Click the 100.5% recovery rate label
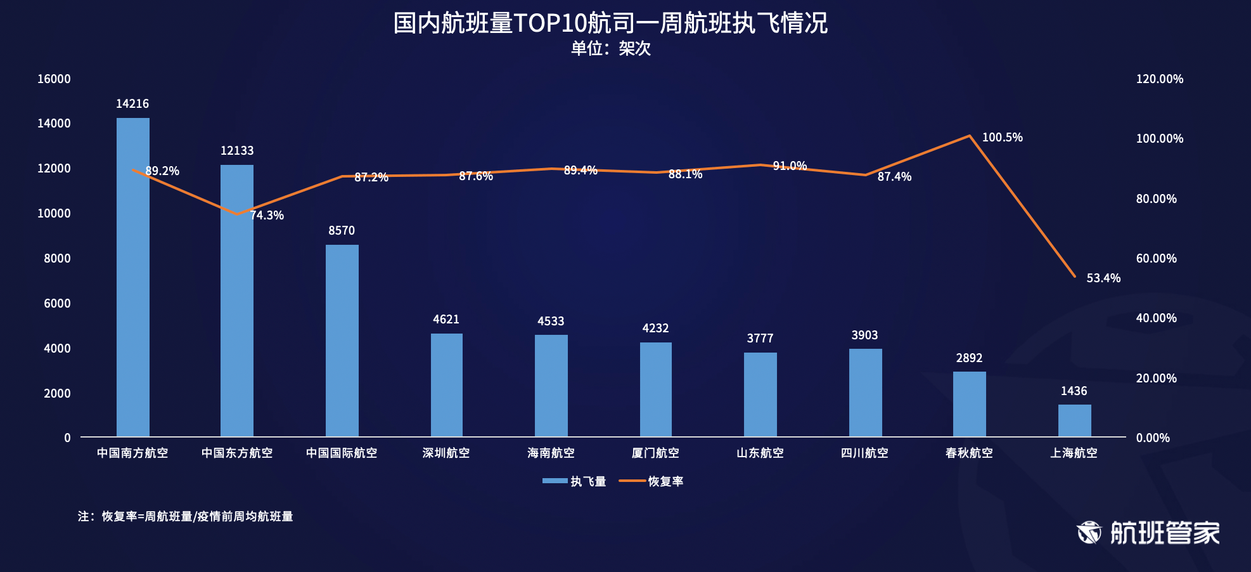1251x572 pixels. (1002, 138)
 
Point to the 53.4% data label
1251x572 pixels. (1103, 278)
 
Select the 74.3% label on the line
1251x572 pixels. (267, 216)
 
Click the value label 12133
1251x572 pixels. (237, 151)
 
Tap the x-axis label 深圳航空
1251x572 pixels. (446, 453)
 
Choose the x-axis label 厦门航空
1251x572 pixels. (655, 453)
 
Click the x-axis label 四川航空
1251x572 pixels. (864, 453)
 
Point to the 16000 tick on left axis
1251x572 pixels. (54, 79)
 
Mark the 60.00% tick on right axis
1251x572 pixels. (1156, 259)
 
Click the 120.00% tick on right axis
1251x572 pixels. (1159, 79)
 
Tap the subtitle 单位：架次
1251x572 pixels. (611, 49)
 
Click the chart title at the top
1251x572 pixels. (610, 23)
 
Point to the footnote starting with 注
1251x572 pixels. (185, 517)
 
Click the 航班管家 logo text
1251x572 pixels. (1165, 533)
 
